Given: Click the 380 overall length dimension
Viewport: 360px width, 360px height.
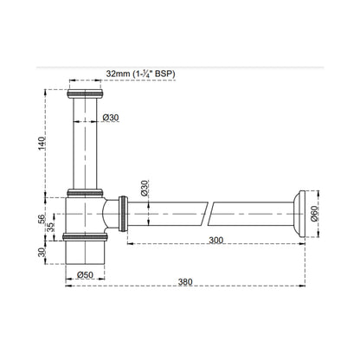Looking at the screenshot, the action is [185, 282].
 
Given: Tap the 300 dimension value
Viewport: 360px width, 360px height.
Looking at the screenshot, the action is [216, 240].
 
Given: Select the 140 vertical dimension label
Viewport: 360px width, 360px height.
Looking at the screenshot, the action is [42, 144].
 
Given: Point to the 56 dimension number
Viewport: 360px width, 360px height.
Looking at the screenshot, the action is [42, 218].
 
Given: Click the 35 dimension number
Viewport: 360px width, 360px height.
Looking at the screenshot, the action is [51, 227].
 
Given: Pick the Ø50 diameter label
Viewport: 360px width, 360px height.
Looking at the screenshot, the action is [86, 275].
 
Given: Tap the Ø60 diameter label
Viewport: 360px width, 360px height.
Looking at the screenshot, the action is [314, 214].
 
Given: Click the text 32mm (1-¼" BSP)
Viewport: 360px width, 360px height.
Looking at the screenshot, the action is [141, 74].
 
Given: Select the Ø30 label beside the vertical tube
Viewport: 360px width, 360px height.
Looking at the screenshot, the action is [111, 118].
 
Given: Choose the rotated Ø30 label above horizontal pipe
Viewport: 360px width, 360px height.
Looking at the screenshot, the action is [145, 189].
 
